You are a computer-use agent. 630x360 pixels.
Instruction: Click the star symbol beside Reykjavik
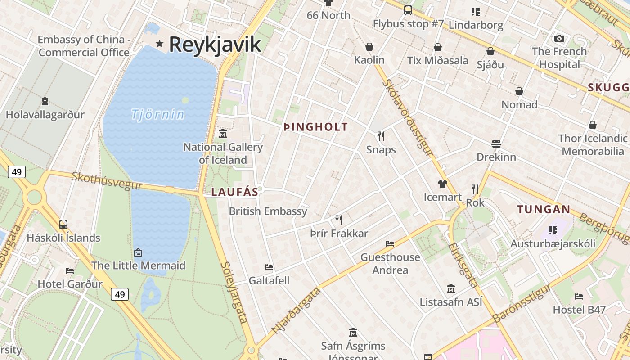pos(159,44)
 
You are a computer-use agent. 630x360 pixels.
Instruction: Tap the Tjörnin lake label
pos(158,114)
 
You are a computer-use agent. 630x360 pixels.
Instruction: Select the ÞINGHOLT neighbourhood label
pos(316,127)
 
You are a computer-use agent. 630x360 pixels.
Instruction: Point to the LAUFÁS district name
pos(235,192)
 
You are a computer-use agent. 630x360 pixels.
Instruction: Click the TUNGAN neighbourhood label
pos(544,209)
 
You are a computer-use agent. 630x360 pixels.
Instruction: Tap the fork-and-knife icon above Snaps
pos(381,136)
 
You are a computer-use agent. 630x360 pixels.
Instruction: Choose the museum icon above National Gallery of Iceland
pos(223,134)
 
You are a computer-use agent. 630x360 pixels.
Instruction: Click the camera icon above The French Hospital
pos(559,38)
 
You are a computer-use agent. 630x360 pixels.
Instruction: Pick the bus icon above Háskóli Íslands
pos(63,224)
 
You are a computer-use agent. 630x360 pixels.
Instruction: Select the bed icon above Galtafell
pos(269,267)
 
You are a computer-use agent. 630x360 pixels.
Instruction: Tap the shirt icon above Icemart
pos(443,184)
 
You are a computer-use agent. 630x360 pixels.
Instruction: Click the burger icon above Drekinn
pos(496,144)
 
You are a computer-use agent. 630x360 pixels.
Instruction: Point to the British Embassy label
pos(268,211)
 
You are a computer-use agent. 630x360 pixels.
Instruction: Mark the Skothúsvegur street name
pos(107,181)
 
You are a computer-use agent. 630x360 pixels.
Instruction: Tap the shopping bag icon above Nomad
pos(519,91)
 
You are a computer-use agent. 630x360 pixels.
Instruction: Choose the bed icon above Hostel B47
pos(579,297)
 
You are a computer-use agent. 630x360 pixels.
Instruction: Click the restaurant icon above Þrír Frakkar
pos(339,220)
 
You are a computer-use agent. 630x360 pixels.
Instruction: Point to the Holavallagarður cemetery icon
pos(45,101)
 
